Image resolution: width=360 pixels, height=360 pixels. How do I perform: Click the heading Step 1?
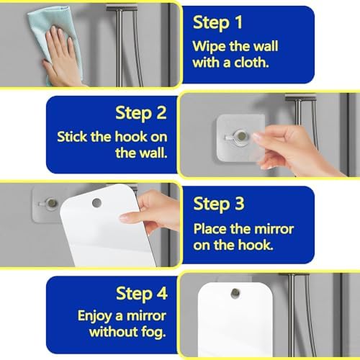tap(217, 23)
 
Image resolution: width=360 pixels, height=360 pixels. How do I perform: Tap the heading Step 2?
tap(141, 113)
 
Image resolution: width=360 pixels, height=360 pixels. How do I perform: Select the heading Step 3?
tap(219, 204)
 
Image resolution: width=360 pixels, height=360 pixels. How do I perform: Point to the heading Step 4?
tap(142, 294)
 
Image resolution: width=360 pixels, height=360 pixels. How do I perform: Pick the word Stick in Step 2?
tap(72, 137)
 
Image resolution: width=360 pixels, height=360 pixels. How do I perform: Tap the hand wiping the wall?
tap(63, 58)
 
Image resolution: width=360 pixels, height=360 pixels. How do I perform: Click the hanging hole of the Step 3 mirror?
tap(96, 203)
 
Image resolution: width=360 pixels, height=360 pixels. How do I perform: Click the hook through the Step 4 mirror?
tap(235, 293)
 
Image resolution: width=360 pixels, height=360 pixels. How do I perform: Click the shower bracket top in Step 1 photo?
tap(122, 9)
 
